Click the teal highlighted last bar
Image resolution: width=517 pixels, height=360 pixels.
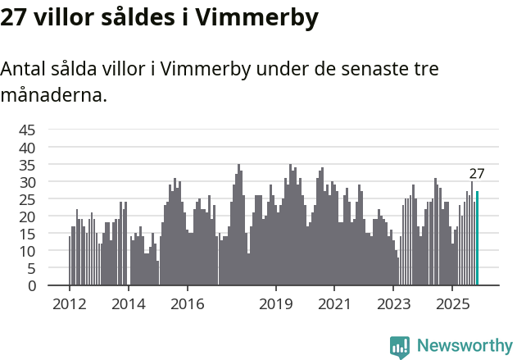(478, 239)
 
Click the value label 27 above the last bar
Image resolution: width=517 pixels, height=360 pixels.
(477, 174)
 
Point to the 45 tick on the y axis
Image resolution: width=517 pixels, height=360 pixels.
(27, 130)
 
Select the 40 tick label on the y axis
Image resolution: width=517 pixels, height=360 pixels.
(27, 147)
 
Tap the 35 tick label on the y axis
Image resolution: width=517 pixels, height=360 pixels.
(27, 164)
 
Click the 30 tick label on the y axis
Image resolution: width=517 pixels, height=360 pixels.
(27, 181)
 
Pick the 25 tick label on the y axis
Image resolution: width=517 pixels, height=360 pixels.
(27, 199)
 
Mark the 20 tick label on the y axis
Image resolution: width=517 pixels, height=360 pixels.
(27, 216)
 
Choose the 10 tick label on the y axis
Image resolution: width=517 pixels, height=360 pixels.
(27, 251)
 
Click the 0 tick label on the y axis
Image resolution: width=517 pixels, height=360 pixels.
(32, 285)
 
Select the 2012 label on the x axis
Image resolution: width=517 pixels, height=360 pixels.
(69, 303)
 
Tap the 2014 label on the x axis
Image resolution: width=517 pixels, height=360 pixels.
(128, 303)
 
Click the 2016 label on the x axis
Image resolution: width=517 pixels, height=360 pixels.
(188, 303)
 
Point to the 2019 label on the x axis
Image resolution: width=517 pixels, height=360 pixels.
(276, 303)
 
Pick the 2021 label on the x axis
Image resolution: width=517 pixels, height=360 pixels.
(335, 303)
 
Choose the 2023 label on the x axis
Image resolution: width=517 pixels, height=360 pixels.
(394, 303)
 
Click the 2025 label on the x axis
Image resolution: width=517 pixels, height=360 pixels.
(453, 303)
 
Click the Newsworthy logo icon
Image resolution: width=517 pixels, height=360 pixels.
(400, 347)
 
